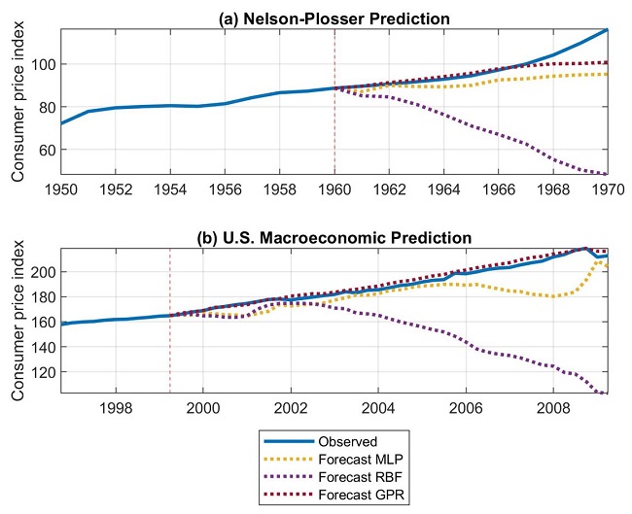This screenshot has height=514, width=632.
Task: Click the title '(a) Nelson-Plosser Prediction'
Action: [333, 19]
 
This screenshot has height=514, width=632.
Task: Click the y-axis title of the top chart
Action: [18, 102]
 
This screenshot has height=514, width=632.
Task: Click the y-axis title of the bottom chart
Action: [18, 321]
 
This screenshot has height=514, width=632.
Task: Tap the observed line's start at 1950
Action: [60, 123]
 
